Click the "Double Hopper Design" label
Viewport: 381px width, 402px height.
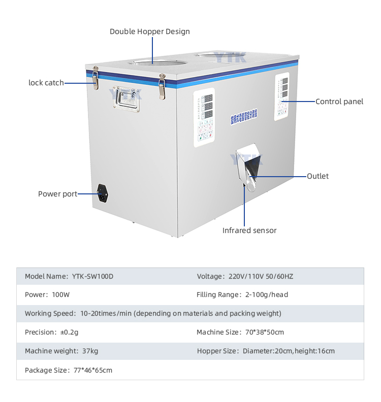click(149, 31)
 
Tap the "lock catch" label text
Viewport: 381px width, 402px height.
click(46, 83)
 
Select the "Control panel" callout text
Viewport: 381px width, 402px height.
click(339, 102)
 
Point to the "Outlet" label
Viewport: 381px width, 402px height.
click(317, 176)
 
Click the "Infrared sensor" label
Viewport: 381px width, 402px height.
click(249, 230)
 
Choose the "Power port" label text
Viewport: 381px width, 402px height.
click(58, 194)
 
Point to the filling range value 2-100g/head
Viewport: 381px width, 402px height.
click(267, 295)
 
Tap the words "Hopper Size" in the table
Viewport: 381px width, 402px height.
click(216, 351)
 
